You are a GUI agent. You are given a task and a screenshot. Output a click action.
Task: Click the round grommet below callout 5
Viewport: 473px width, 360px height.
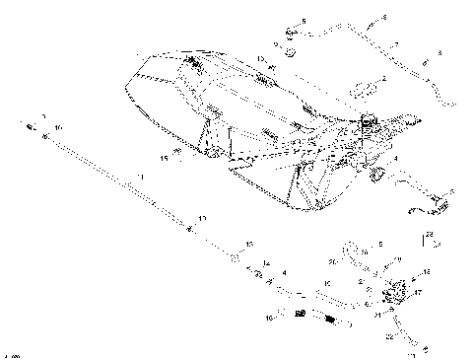pos(292,47)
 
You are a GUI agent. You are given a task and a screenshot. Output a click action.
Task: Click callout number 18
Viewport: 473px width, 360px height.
pos(426,271)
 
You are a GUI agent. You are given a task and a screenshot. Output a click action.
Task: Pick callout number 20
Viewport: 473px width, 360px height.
pos(334,262)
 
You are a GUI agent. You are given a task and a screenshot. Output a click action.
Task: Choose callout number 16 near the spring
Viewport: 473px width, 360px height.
pos(269,318)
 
